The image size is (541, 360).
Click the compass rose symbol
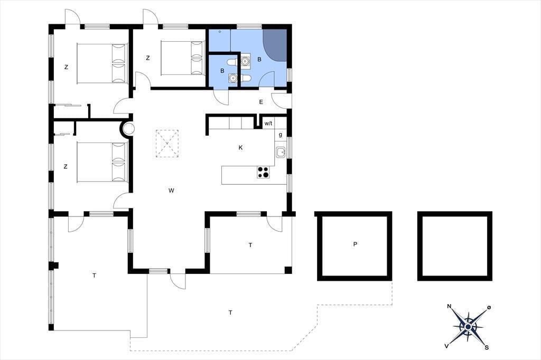click(x=468, y=326)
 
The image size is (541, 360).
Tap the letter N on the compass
click(x=449, y=306)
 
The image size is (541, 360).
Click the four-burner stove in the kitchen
click(x=263, y=172)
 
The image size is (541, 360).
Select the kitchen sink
click(x=281, y=152)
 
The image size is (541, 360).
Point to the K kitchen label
click(x=240, y=148)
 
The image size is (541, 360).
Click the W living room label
click(x=171, y=191)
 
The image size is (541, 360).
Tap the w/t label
click(x=268, y=123)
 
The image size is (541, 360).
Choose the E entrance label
click(x=261, y=102)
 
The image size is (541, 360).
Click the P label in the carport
click(x=355, y=244)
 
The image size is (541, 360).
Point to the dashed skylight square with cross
click(x=167, y=144)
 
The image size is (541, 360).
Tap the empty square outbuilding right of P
click(x=455, y=246)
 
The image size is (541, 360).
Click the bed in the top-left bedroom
click(x=102, y=63)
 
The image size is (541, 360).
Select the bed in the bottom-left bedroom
click(x=102, y=162)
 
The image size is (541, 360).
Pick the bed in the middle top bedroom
click(x=183, y=58)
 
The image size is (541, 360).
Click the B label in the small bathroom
click(x=222, y=71)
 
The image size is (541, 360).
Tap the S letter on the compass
click(x=487, y=347)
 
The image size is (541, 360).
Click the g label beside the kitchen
click(x=280, y=135)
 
